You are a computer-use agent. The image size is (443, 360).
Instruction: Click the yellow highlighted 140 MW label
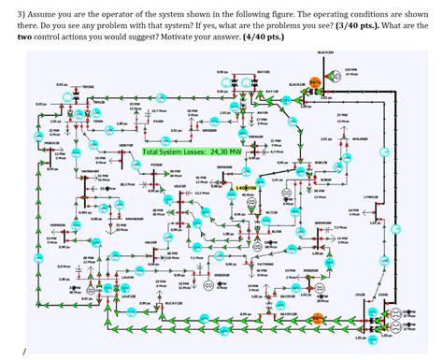[247, 187]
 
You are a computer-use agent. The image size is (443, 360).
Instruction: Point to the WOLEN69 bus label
[360, 140]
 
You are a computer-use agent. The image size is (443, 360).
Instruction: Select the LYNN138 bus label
[371, 197]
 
